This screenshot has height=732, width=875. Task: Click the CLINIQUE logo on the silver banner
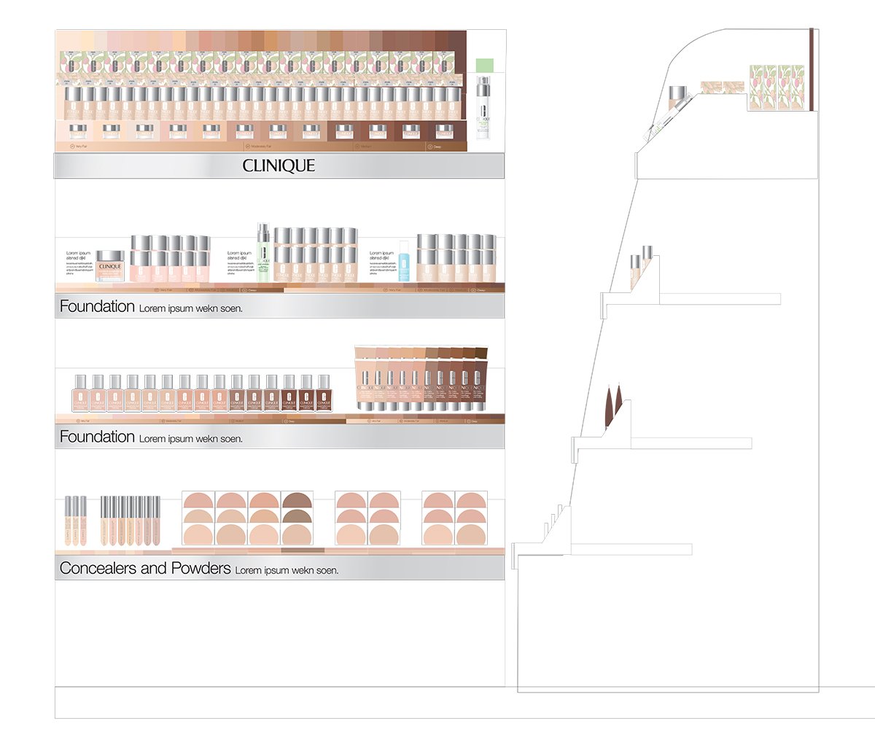[279, 166]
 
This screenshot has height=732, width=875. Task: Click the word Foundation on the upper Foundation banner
[97, 306]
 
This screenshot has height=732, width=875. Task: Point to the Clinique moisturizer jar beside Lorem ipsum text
[110, 267]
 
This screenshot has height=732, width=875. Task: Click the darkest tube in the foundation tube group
[481, 378]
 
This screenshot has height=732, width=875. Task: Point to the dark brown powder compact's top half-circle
[297, 500]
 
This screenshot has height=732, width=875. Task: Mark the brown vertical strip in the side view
[812, 69]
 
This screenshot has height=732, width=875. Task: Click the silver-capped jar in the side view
[679, 96]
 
